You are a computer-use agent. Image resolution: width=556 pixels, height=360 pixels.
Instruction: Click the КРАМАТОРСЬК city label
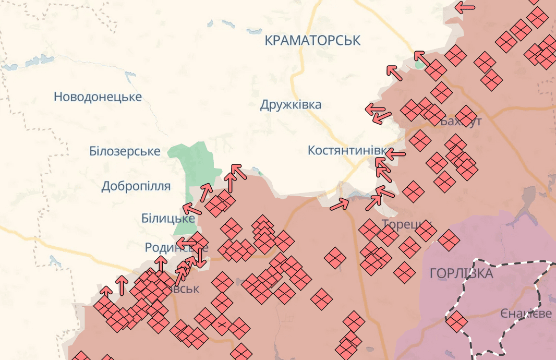(312, 40)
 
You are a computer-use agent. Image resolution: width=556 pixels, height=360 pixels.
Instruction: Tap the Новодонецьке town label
(98, 97)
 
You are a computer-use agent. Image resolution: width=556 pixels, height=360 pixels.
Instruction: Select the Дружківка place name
(291, 105)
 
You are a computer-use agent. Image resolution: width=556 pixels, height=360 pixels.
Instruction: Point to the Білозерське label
(125, 151)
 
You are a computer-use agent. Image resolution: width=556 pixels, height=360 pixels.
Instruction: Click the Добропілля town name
(136, 186)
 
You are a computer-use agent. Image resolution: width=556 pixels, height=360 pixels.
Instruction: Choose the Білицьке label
(168, 218)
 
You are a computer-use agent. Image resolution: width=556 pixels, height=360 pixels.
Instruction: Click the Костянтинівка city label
(347, 150)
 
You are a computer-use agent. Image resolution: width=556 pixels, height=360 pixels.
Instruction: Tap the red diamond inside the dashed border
(456, 321)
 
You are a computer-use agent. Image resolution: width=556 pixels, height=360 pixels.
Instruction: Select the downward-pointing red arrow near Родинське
(199, 259)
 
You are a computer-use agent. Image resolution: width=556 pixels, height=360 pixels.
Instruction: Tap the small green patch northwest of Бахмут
(419, 65)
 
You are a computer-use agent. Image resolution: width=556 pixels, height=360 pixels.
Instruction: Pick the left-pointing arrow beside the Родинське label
(186, 242)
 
